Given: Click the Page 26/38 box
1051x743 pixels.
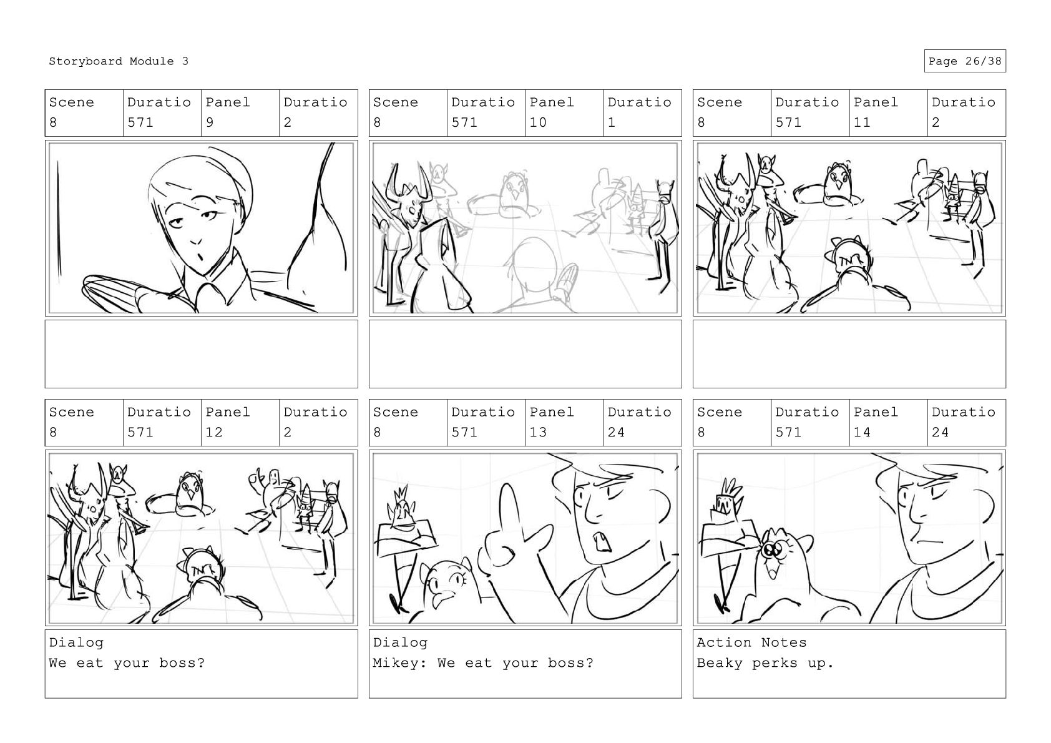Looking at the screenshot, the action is [965, 61].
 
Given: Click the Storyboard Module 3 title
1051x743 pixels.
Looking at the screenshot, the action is [119, 61].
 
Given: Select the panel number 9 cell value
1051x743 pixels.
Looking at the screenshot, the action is [209, 122].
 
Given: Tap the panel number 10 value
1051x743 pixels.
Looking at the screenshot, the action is [538, 122].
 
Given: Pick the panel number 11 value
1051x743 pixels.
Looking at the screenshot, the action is [861, 122].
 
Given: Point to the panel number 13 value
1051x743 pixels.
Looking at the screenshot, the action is [538, 432].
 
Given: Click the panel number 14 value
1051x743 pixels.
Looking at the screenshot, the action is [861, 432].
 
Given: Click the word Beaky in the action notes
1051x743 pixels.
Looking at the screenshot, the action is [719, 663].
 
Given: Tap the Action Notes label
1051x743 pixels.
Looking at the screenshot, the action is [751, 642].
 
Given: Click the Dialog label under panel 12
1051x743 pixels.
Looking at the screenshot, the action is [76, 643].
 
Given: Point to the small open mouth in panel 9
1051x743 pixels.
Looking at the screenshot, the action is [200, 258].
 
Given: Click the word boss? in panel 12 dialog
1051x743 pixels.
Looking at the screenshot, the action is [182, 663].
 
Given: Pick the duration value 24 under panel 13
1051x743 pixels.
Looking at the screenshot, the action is [616, 432].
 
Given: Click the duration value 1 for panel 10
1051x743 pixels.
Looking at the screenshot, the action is [612, 122].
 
